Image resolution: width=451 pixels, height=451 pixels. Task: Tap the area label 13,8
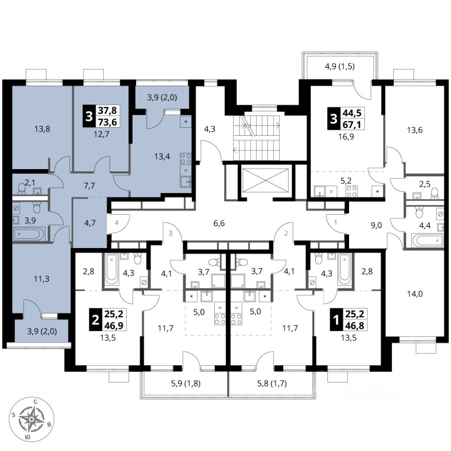42,129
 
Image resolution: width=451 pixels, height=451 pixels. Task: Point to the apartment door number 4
117,223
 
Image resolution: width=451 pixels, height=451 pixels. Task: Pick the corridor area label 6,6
219,223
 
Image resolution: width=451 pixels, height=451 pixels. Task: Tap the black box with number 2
95,319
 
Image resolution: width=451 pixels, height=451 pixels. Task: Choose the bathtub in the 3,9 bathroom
29,234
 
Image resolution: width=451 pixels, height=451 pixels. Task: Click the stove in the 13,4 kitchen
186,159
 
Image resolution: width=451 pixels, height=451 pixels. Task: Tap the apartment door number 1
335,222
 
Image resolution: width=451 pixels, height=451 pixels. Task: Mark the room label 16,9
348,137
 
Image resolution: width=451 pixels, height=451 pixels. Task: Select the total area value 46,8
355,325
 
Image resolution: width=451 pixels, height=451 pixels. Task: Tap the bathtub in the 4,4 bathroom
427,239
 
